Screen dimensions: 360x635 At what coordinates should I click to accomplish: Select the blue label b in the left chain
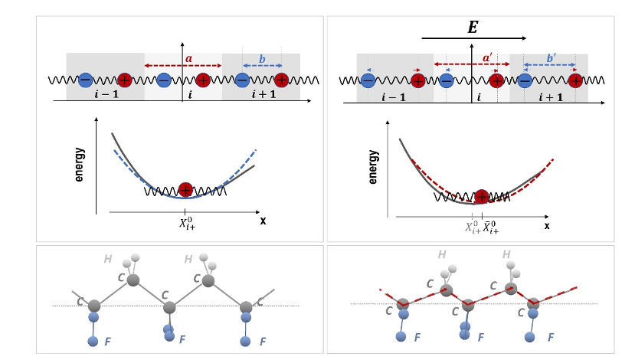(261, 58)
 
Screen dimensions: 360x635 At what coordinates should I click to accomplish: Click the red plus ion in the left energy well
(185, 190)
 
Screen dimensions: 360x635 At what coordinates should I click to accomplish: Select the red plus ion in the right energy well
(481, 196)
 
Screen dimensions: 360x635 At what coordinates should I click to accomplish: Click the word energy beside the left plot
(80, 160)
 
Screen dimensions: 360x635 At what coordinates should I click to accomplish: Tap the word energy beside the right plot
(373, 166)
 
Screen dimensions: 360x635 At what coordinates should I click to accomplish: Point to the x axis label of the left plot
(263, 219)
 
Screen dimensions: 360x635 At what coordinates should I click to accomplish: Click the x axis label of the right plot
(546, 226)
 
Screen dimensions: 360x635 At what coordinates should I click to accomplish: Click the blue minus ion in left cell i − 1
(87, 79)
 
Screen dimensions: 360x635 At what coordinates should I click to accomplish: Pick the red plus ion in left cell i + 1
(281, 79)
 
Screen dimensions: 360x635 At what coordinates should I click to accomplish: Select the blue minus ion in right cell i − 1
(368, 79)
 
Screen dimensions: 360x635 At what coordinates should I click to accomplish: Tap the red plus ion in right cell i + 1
(574, 79)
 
